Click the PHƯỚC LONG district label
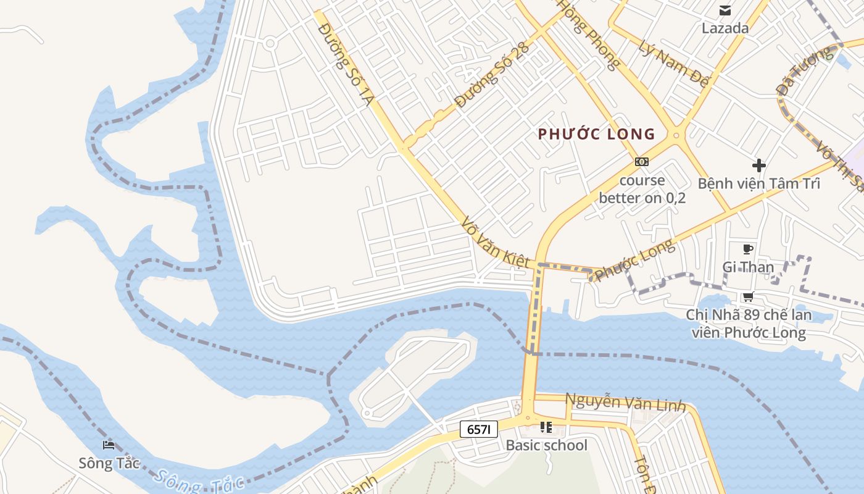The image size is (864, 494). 596,134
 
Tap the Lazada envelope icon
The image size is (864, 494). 725,10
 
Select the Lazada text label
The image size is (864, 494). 725,28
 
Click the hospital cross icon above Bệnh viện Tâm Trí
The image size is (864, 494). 758,165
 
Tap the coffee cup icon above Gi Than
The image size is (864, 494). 748,249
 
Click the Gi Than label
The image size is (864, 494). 748,267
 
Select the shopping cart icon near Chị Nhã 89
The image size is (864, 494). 748,297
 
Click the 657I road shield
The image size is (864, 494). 478,430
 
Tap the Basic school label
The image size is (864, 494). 546,445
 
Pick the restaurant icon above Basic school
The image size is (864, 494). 546,427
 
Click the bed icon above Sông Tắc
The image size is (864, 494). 109,445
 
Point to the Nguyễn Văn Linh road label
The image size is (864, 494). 625,403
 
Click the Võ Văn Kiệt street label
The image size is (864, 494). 496,241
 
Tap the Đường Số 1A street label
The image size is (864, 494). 345,64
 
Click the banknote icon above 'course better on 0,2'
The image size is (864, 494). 642,162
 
